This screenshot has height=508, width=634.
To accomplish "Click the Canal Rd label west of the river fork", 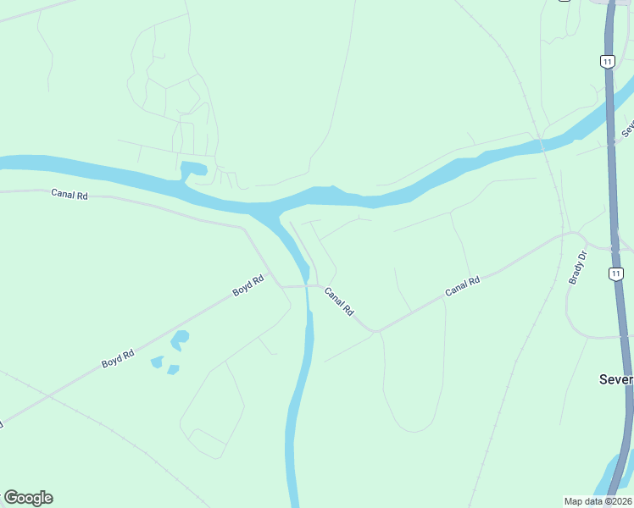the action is (70, 194).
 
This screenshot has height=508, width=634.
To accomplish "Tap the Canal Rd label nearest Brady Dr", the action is (463, 286).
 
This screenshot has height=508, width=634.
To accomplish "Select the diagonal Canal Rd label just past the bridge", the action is (339, 301).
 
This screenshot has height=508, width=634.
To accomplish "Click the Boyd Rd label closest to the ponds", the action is (118, 358).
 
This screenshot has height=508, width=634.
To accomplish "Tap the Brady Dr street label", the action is (578, 268).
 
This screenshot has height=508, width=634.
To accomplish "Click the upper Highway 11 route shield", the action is (606, 61).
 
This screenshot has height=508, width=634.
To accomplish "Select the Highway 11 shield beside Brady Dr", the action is (616, 273).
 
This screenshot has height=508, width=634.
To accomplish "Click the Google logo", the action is (28, 498).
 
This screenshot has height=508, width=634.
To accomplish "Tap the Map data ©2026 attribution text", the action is (598, 501).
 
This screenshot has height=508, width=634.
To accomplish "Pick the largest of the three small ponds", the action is (180, 340).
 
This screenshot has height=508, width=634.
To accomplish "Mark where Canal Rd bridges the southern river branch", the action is (309, 285).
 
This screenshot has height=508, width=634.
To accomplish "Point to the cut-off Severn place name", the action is (615, 379).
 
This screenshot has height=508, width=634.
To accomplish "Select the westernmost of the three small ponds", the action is (157, 362).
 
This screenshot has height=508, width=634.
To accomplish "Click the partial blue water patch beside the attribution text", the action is (617, 478).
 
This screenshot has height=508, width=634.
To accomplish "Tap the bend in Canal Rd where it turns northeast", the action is (375, 329).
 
